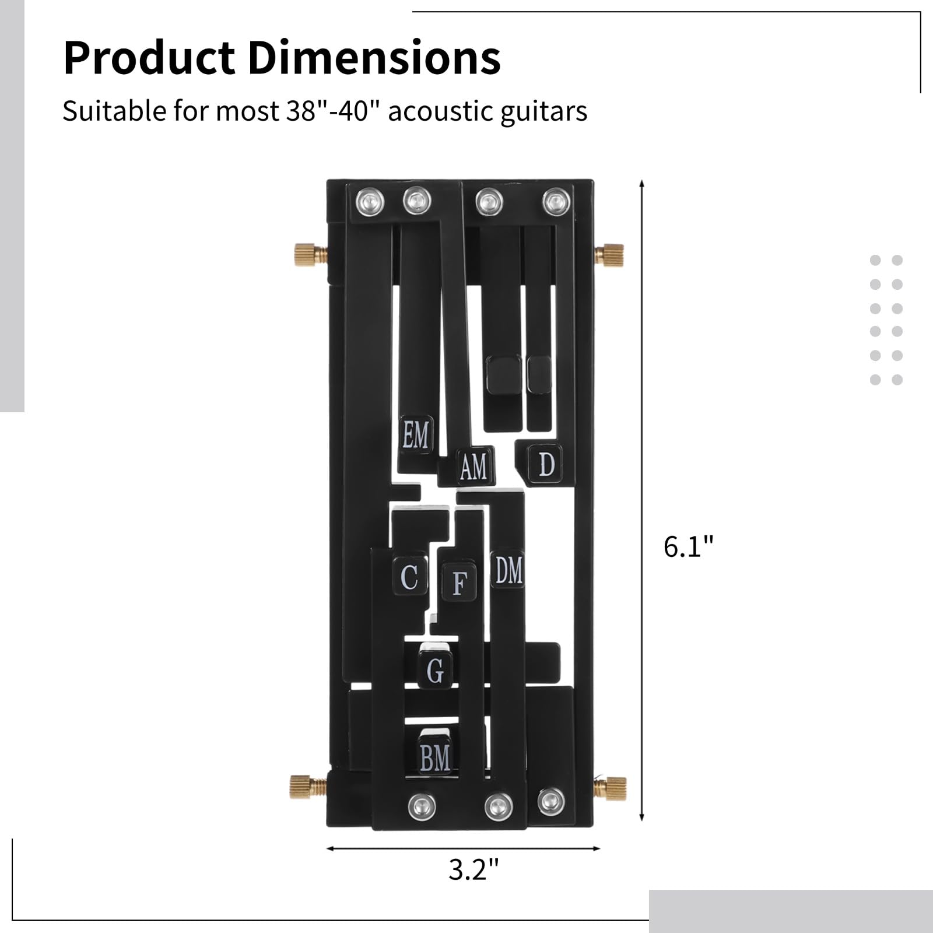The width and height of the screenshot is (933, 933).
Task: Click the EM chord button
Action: pos(416,435)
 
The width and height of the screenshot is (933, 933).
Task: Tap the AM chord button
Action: pos(474,466)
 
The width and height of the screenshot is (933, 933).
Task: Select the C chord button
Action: pos(409,577)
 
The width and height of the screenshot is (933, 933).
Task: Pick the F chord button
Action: pos(459,582)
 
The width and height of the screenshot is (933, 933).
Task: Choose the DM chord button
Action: pos(508,570)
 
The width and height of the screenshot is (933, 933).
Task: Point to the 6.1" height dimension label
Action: pos(689,547)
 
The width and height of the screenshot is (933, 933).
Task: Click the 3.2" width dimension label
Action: pos(473,869)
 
